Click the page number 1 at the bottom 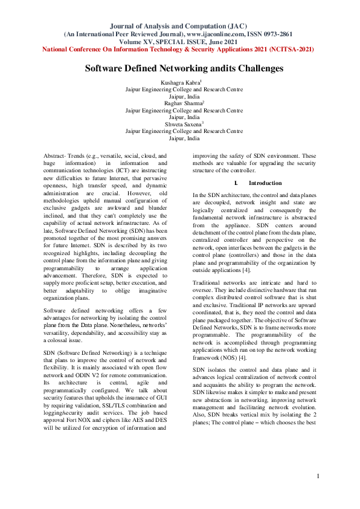click(318, 494)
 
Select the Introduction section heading click(265, 183)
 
